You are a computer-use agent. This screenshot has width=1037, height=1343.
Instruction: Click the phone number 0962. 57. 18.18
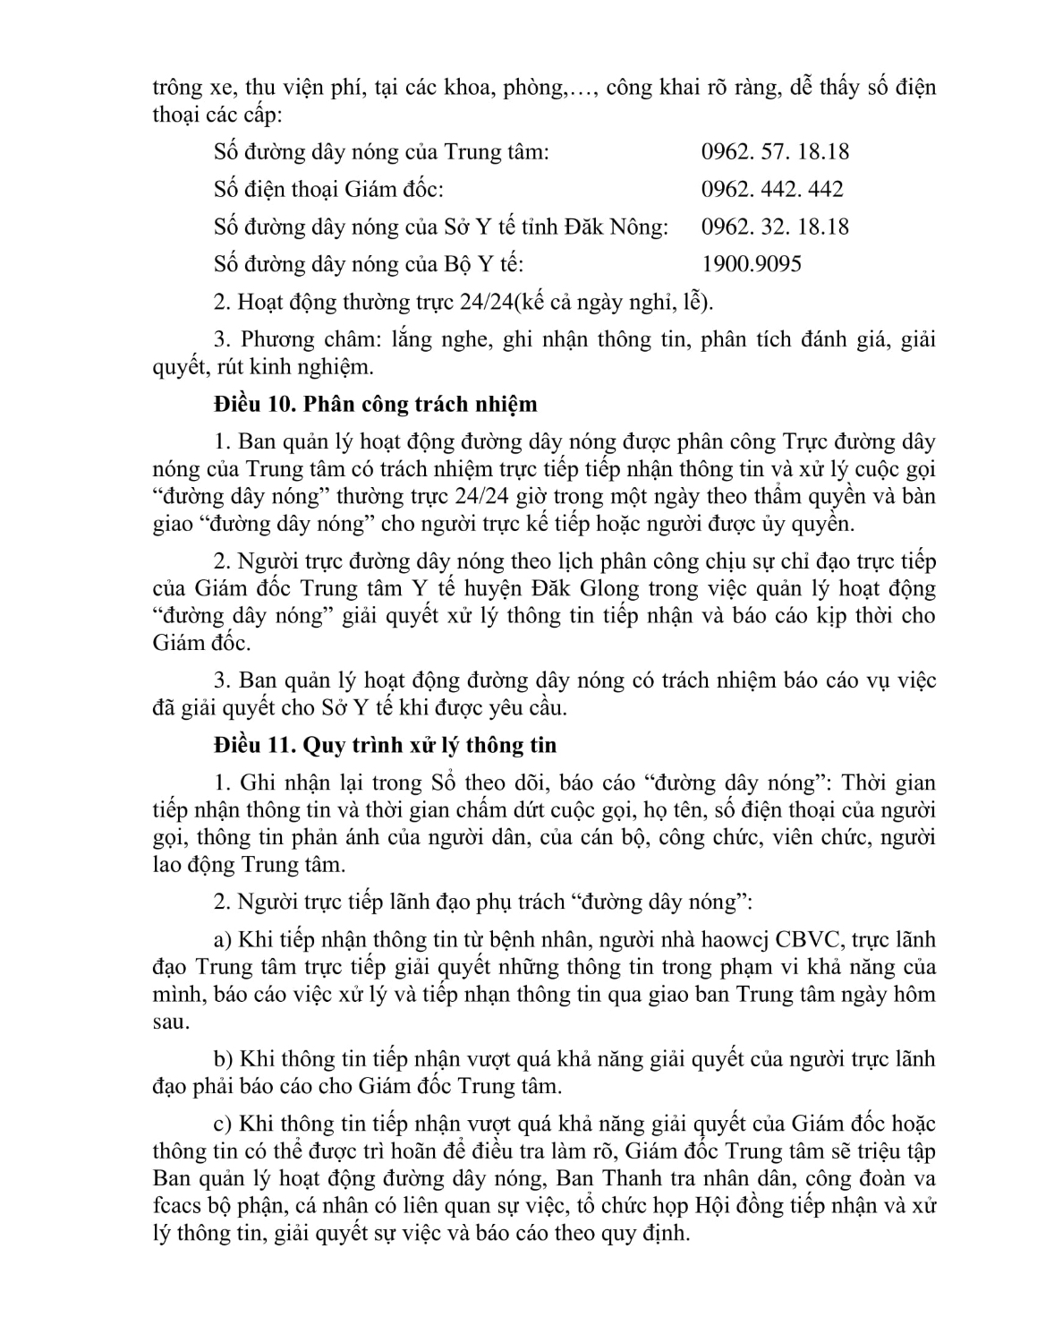coord(775,151)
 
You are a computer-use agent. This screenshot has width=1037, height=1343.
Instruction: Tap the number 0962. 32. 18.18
coord(775,227)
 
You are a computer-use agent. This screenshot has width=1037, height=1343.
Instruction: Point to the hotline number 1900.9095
coord(752,264)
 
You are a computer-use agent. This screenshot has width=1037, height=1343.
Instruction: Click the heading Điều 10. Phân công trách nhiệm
coord(376,404)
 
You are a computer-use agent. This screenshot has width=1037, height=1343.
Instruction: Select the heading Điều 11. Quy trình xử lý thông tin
coord(385,745)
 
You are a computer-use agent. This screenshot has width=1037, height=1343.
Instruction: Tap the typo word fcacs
coord(175,1205)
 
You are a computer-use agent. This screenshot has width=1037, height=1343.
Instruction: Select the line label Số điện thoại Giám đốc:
coord(328,189)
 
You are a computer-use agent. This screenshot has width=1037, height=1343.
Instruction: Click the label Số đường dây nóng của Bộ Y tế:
coord(369,264)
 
